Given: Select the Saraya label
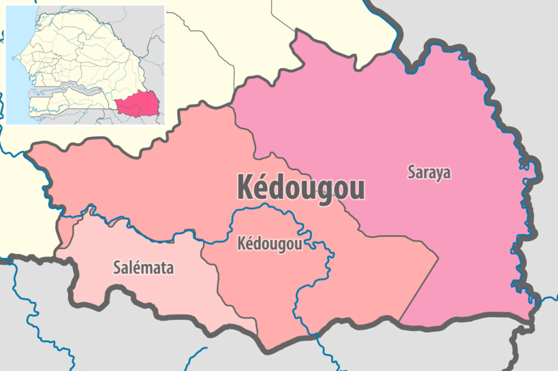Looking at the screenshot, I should [429, 172].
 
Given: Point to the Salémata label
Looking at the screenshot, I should [143, 268].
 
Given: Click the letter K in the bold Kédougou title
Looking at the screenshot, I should [245, 187].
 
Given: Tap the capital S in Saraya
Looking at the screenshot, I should [412, 172].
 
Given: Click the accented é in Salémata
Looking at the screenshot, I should [136, 268].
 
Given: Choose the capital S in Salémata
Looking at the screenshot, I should [117, 268].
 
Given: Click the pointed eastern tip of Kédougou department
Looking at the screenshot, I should [437, 257].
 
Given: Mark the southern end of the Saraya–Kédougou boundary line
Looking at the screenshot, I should [400, 321].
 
